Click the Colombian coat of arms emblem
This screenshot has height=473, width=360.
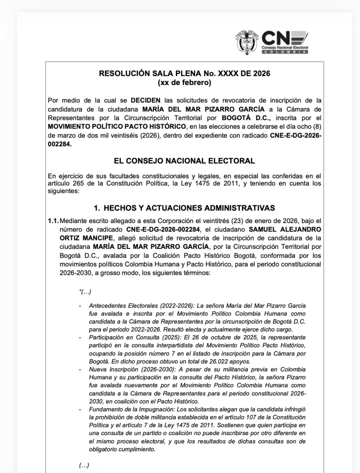(x=247, y=42)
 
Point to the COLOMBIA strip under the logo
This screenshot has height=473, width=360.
(x=285, y=52)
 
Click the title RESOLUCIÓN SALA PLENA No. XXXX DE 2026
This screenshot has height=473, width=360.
(x=185, y=73)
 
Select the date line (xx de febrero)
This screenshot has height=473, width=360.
(x=185, y=83)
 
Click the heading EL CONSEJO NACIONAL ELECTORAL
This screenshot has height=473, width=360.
(x=185, y=161)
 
